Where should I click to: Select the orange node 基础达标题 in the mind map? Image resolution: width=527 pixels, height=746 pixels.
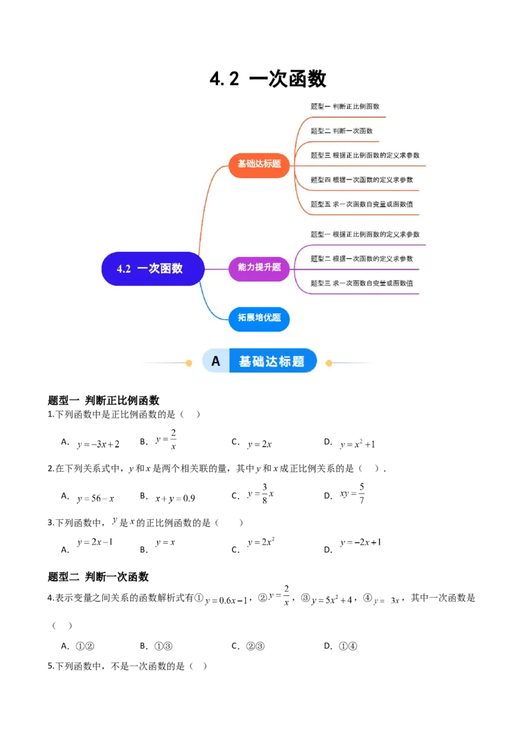click(259, 163)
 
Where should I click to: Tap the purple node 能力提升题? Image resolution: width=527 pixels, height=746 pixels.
click(259, 268)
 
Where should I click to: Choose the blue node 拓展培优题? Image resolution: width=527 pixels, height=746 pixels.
click(259, 318)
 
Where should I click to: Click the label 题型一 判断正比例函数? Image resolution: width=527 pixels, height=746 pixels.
click(345, 106)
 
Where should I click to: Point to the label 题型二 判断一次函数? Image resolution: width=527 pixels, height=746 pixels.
click(341, 131)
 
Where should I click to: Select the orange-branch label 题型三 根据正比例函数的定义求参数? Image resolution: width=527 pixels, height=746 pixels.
click(364, 156)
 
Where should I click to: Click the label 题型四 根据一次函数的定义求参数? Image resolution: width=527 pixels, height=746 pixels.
click(362, 180)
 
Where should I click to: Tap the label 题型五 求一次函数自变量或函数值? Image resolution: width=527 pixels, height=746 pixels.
click(362, 204)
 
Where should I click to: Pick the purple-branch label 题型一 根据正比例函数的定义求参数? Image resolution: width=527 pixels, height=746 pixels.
click(364, 235)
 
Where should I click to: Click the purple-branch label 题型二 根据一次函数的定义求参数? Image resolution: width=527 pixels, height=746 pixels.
click(362, 259)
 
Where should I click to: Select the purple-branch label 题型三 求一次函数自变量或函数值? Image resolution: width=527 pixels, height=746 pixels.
click(362, 283)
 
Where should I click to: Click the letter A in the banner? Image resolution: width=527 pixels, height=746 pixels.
click(215, 361)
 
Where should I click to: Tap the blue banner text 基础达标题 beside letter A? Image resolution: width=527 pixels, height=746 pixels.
click(271, 361)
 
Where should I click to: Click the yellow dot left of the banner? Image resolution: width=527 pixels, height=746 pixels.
click(188, 362)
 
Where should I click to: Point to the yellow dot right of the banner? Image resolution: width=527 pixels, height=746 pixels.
click(329, 362)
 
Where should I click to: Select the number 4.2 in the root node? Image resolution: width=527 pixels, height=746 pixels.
click(124, 269)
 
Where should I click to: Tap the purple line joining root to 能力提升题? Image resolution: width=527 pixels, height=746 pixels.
click(216, 269)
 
